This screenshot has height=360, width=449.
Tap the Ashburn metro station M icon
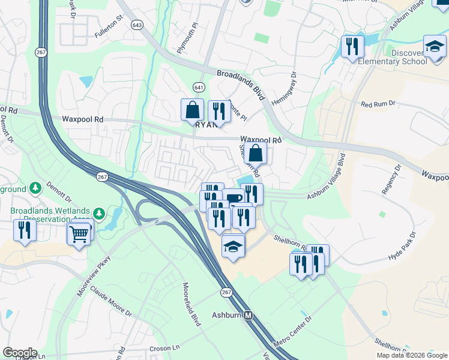click(248, 315)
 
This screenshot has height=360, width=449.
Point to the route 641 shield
click(199, 86)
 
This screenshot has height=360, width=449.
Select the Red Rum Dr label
click(378, 104)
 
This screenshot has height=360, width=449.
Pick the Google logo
click(20, 353)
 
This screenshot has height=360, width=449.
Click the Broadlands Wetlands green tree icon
click(98, 213)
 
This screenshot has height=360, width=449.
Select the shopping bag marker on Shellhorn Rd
click(255, 153)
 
